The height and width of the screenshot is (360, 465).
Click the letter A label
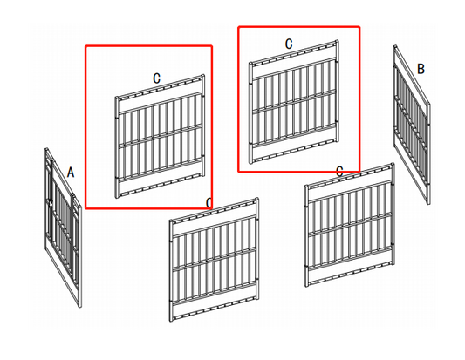pos(71,173)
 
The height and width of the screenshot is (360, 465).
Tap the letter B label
pos(421,69)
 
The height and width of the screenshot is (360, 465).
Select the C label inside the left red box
pos(156,78)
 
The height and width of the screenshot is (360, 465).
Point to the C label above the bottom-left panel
pos(209,202)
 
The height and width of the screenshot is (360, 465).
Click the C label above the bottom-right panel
pos(339,171)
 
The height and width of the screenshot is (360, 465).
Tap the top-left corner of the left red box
pos(85,46)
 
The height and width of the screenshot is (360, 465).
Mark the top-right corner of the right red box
pos(359,26)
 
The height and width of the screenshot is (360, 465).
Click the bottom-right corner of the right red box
pos(359,171)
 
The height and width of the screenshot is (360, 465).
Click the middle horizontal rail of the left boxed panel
pos(161,135)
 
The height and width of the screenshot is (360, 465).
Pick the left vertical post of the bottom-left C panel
pos(173,271)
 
